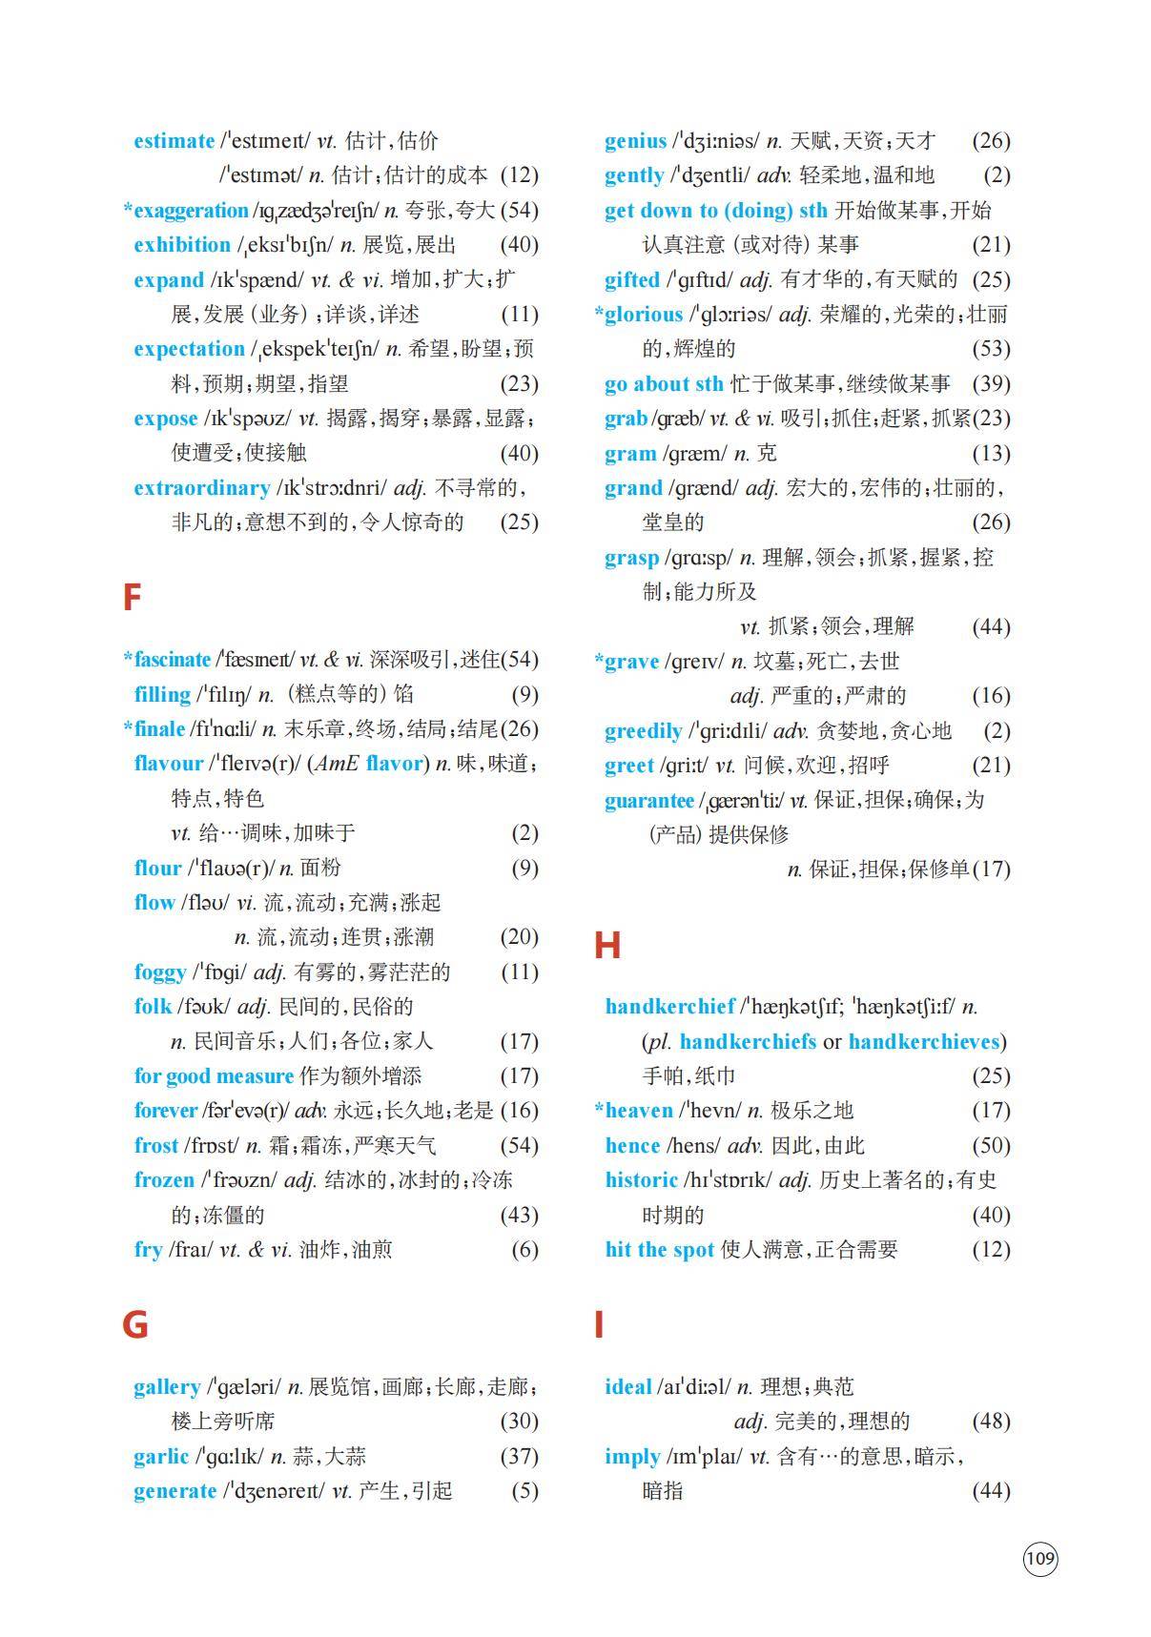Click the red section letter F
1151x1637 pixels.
tap(132, 598)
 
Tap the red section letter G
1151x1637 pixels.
tap(134, 1324)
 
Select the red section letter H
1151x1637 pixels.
tap(606, 945)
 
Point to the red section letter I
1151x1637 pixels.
tap(599, 1324)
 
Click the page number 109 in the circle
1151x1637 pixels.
tap(1040, 1558)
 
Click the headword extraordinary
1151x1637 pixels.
tap(201, 488)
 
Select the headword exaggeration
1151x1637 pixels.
tap(191, 211)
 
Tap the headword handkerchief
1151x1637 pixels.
tap(669, 1007)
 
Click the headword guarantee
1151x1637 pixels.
tap(648, 801)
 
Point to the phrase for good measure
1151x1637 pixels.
tap(214, 1076)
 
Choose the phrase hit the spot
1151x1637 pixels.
tap(659, 1250)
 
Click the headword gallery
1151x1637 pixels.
tap(167, 1387)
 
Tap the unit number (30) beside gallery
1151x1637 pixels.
tap(519, 1422)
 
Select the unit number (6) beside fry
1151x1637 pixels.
tap(524, 1250)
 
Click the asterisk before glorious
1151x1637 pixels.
tap(599, 313)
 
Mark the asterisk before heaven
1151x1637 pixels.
tap(599, 1109)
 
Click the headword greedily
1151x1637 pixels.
tap(643, 731)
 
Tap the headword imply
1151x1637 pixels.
tap(631, 1457)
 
